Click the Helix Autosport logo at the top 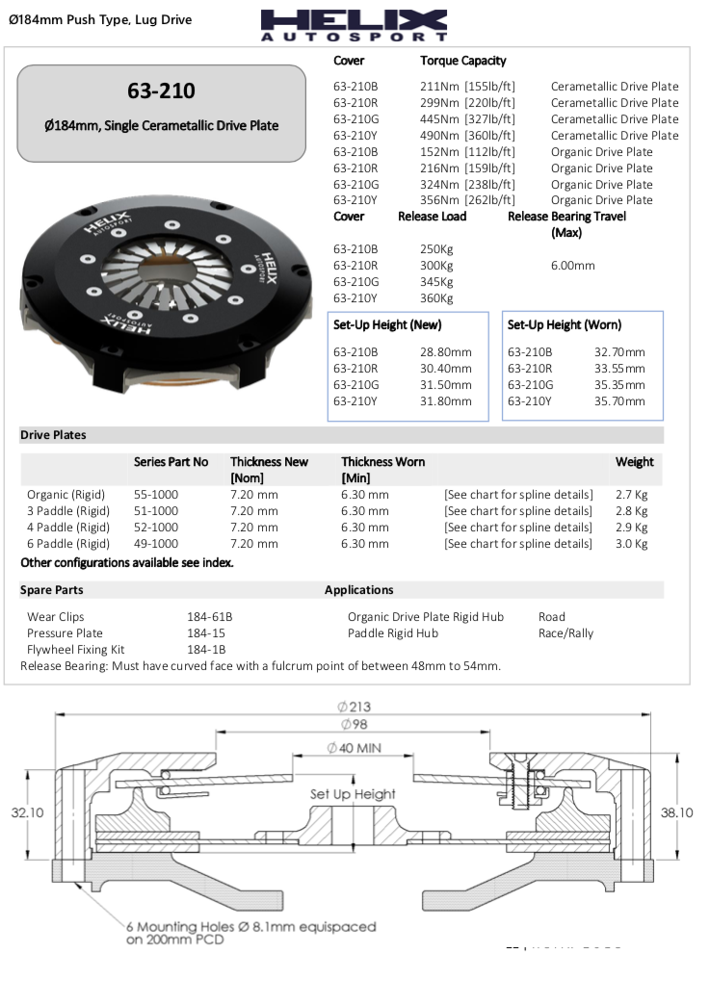(x=354, y=25)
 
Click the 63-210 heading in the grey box (x=161, y=91)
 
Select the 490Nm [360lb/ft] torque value (x=467, y=136)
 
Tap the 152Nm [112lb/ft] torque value (x=467, y=152)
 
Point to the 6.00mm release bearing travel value (x=573, y=266)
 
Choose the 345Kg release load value (x=436, y=282)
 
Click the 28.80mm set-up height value (x=446, y=352)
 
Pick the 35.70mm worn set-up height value (x=619, y=401)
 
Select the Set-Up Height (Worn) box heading (x=564, y=325)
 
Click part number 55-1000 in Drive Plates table (x=156, y=495)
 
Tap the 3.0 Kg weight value (x=631, y=544)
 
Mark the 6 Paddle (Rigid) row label (x=67, y=544)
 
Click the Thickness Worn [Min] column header (x=382, y=470)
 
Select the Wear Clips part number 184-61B (x=209, y=617)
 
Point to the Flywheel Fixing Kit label (x=75, y=650)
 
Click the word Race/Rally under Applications (x=565, y=633)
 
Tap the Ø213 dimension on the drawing (x=353, y=708)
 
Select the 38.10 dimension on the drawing (x=677, y=812)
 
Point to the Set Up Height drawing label (x=353, y=794)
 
